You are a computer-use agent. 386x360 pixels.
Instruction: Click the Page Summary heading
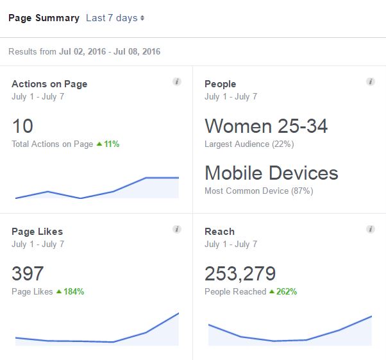click(x=44, y=18)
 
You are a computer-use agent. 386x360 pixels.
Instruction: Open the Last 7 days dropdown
click(x=115, y=18)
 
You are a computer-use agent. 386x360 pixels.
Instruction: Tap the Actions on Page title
click(x=49, y=84)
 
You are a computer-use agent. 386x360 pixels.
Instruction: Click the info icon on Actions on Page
click(x=177, y=82)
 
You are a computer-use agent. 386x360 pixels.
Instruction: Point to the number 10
click(x=22, y=126)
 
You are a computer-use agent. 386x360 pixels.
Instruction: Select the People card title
click(x=220, y=84)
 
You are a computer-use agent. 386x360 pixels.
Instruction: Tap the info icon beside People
click(x=370, y=82)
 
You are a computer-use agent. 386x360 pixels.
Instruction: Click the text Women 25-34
click(x=266, y=126)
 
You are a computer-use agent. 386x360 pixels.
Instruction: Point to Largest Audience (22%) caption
click(x=249, y=144)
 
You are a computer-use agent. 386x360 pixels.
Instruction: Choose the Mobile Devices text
click(x=271, y=173)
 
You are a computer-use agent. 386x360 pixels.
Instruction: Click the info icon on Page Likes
click(x=177, y=229)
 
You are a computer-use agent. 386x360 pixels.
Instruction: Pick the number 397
click(x=28, y=273)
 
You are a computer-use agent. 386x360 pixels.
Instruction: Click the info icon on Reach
click(x=370, y=229)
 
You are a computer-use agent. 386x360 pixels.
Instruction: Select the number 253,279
click(x=240, y=273)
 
